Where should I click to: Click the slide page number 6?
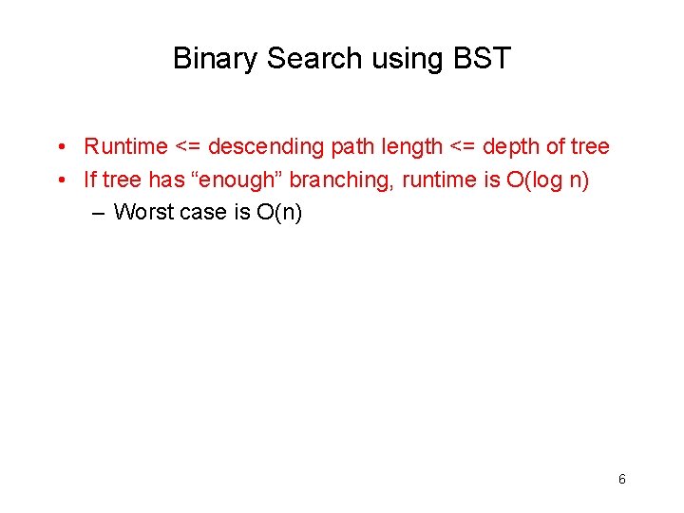coord(622,479)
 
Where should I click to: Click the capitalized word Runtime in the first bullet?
coord(125,146)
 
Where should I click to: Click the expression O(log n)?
coord(548,179)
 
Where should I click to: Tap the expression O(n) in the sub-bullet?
coord(279,211)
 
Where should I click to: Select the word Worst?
coord(143,211)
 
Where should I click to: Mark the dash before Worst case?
coord(100,211)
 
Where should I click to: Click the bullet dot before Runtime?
coord(59,146)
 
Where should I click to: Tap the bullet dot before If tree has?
coord(59,179)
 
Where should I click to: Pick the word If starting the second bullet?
coord(89,179)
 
